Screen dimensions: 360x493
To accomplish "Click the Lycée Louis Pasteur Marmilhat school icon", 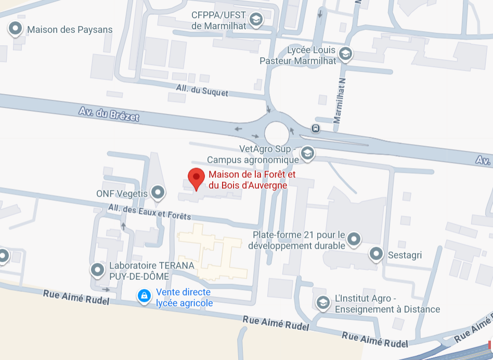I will (345, 53).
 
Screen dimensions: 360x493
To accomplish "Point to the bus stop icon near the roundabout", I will (316, 128).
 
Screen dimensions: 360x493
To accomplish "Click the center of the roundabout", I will (277, 133).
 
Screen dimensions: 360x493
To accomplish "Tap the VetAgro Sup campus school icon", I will (307, 153).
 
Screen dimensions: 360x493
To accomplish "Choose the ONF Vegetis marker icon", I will (158, 193).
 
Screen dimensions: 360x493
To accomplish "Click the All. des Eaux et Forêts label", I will (149, 211).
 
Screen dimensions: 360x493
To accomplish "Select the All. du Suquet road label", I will (202, 90).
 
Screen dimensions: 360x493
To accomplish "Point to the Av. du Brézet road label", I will (109, 114).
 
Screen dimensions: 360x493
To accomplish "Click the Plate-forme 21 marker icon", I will (354, 239).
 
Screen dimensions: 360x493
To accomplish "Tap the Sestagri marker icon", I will (376, 254).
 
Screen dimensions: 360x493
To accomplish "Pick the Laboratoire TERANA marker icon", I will (97, 270).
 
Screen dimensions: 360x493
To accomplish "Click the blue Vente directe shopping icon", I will (144, 296).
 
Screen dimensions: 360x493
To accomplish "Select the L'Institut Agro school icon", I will (323, 302).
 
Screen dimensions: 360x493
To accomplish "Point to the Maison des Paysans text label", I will (70, 30).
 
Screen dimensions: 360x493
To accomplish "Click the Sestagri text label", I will (405, 255).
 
